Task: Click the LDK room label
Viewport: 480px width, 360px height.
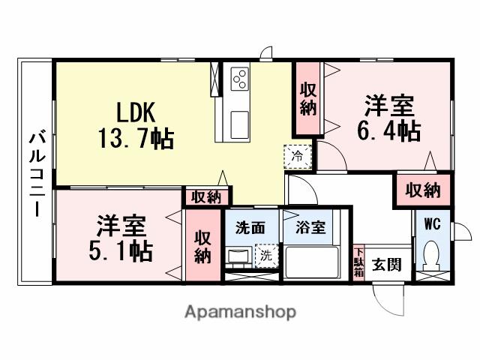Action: pos(135,112)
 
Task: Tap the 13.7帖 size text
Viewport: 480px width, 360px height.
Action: pos(136,137)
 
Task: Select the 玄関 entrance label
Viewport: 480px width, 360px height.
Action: pos(387,264)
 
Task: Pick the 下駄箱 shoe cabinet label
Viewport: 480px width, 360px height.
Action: pos(358,262)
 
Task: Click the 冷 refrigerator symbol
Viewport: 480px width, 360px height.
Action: pos(297,156)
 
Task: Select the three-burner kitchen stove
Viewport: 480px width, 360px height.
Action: pos(241,77)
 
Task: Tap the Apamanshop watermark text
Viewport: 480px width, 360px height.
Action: pos(240,311)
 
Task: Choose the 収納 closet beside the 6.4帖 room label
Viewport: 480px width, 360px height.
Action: pos(307,97)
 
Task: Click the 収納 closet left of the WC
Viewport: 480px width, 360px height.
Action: pos(422,190)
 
